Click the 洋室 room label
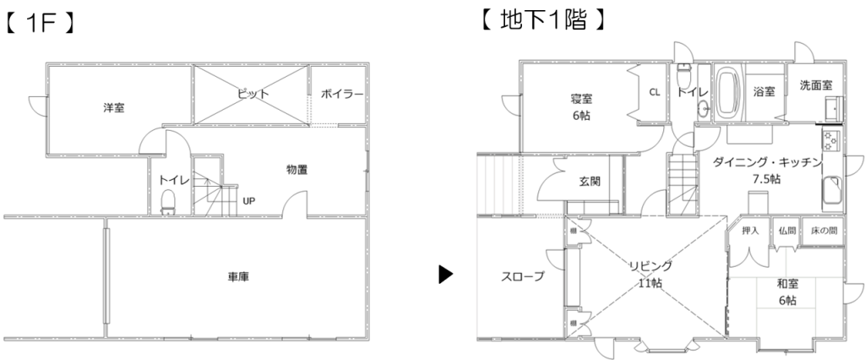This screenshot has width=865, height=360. [x=114, y=107]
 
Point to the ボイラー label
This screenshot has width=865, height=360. [x=341, y=95]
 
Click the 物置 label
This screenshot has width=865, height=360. [x=296, y=170]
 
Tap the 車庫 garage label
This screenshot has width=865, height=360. [x=237, y=276]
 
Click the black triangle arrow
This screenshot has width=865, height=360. [x=446, y=275]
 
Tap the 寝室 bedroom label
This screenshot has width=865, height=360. [x=580, y=99]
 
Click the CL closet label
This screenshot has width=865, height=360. [x=655, y=93]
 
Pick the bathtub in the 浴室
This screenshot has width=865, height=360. [x=727, y=93]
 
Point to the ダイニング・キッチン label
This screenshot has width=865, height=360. [x=767, y=163]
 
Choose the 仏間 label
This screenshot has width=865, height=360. [x=787, y=230]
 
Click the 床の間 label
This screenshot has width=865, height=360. [x=824, y=230]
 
